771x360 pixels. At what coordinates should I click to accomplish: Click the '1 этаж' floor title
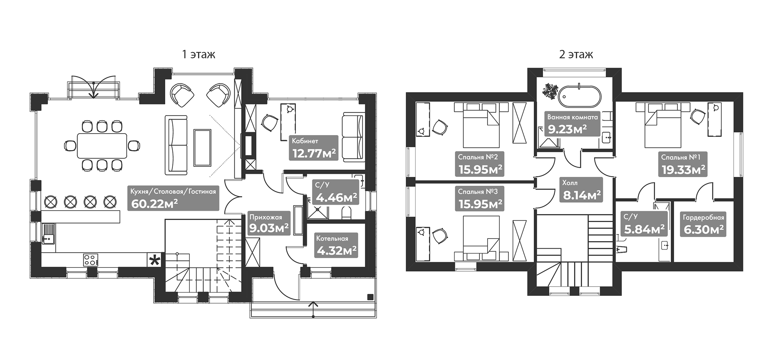[199, 55]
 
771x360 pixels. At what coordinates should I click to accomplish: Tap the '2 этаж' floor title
[576, 55]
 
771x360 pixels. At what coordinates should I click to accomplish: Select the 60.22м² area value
[154, 203]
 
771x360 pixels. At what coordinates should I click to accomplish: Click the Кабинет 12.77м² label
[313, 148]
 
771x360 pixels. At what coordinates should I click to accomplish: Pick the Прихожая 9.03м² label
[268, 223]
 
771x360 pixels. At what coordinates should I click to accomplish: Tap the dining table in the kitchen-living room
[102, 146]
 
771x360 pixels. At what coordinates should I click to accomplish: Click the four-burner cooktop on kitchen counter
[91, 260]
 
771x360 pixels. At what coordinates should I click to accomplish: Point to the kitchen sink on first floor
[48, 234]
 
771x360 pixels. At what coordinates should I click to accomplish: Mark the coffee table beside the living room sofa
[202, 148]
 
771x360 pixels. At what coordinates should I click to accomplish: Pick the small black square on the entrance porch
[370, 297]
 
